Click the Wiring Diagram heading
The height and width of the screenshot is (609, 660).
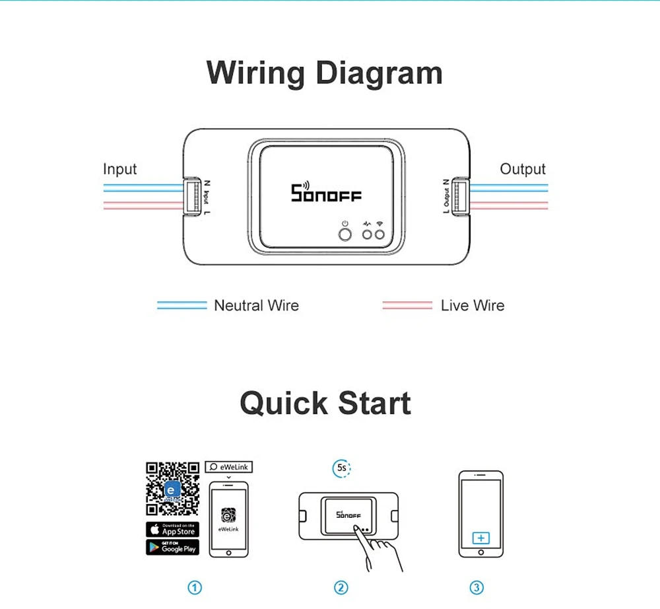coord(324,73)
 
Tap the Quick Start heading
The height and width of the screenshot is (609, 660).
coord(325,403)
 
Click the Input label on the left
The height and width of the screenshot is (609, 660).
coord(119,169)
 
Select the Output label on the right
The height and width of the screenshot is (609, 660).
coord(523,169)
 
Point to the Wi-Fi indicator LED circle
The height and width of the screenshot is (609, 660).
coord(379,234)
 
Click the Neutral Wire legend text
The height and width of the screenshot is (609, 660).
coord(256,306)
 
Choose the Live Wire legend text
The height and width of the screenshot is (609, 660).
coord(472,306)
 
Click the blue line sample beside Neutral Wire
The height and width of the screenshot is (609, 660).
coord(181,306)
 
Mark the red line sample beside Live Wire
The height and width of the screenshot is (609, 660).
coord(407,306)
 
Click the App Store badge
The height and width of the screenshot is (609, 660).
coord(172,530)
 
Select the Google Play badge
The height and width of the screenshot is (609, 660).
coord(172,547)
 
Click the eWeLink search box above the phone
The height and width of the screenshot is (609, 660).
coord(228,467)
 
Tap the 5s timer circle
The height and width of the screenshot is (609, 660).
coord(341,468)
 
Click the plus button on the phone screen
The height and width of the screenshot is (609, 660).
coord(480,538)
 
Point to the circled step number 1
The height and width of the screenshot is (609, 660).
coord(194,587)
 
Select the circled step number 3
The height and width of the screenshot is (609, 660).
coord(477,587)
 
